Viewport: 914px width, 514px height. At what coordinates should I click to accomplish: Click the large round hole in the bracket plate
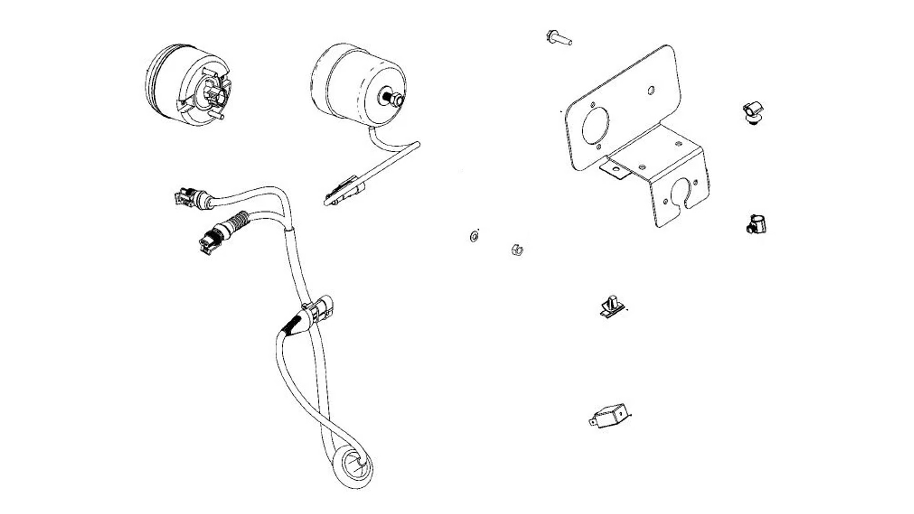tap(595, 126)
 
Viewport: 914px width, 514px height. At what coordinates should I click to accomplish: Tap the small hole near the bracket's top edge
tap(651, 90)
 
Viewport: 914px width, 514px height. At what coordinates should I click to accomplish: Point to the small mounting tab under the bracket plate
tap(615, 170)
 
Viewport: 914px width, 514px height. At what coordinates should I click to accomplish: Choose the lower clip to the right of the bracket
tap(755, 224)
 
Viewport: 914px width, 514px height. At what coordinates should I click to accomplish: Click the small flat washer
tap(474, 236)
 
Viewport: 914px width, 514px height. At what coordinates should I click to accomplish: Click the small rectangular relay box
tap(611, 416)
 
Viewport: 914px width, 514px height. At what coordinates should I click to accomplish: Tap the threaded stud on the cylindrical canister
tap(393, 99)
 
